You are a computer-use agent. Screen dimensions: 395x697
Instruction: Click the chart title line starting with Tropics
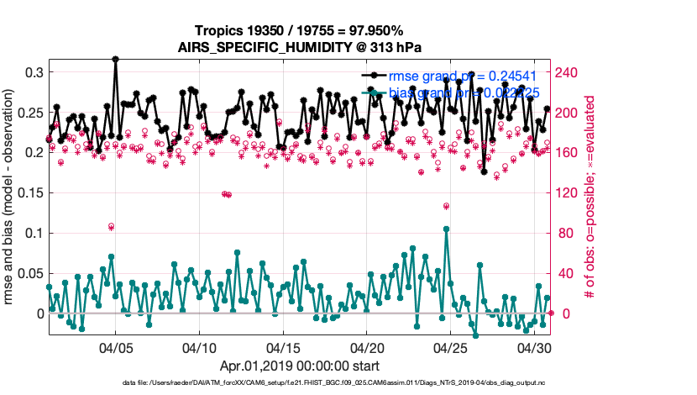pyautogui.click(x=300, y=30)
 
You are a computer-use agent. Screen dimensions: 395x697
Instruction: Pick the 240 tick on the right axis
pyautogui.click(x=569, y=72)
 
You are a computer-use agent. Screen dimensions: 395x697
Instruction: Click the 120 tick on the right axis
pyautogui.click(x=569, y=192)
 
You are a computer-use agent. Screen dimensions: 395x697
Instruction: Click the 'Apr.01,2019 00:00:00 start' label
pyautogui.click(x=300, y=366)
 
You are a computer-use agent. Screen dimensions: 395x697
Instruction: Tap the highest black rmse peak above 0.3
pyautogui.click(x=115, y=59)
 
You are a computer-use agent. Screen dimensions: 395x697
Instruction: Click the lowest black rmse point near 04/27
pyautogui.click(x=484, y=171)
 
